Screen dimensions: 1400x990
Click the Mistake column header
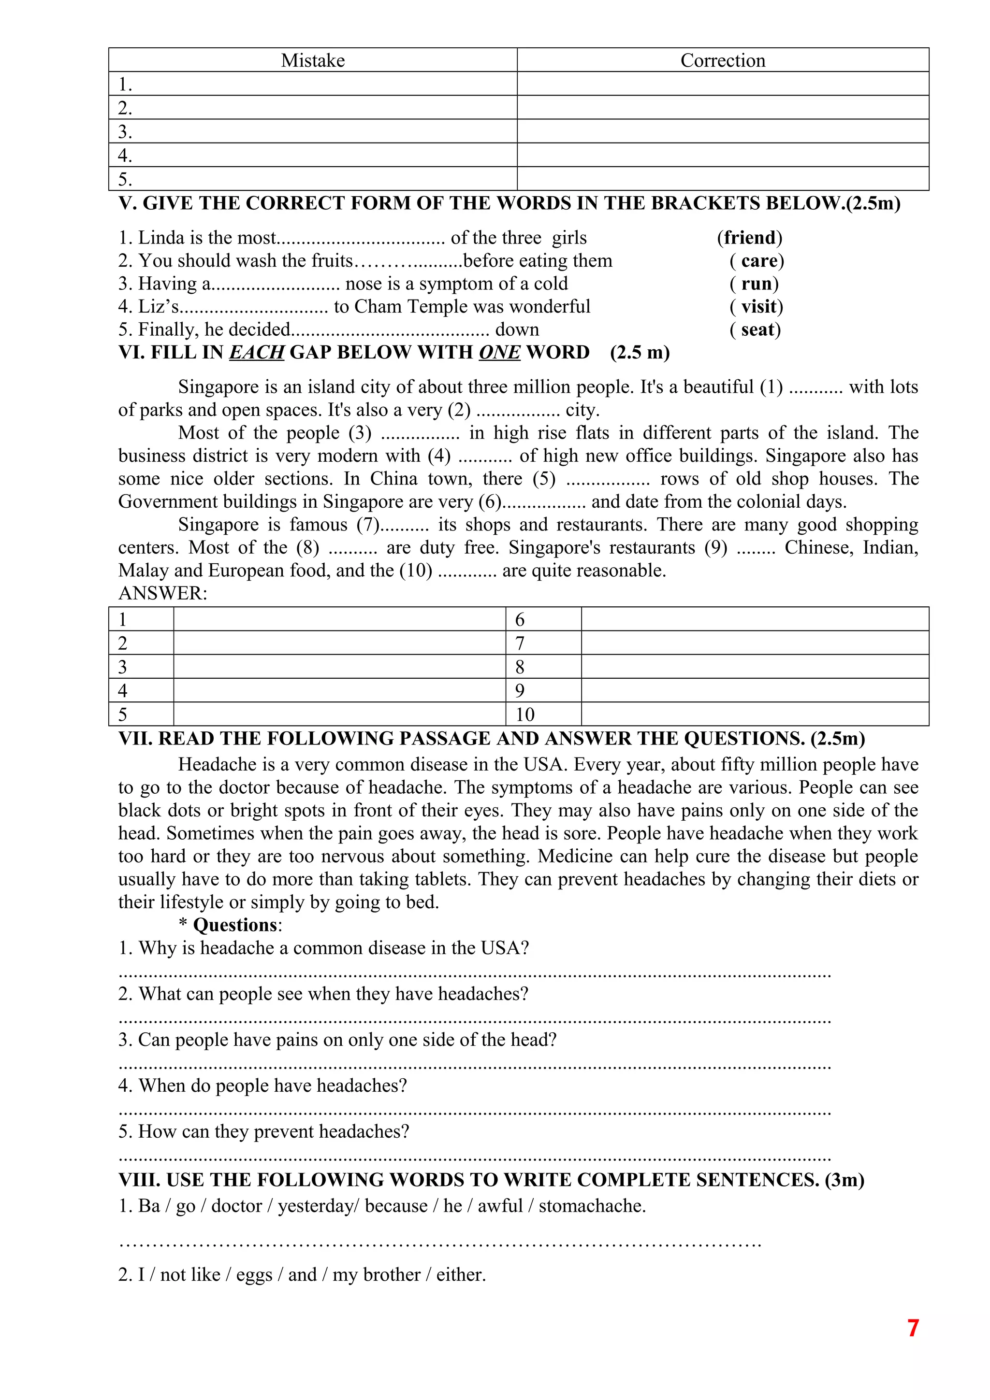point(312,60)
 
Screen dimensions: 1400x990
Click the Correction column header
point(722,60)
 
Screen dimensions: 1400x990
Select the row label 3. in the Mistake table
point(125,132)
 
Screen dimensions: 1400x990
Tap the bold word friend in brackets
point(750,238)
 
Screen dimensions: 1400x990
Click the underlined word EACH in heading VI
point(256,353)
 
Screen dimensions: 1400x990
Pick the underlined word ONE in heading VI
point(499,353)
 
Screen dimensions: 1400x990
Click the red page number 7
point(913,1328)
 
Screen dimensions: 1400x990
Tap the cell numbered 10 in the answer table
point(524,714)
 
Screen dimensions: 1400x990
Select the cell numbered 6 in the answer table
point(520,619)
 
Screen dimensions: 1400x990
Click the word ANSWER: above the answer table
point(162,593)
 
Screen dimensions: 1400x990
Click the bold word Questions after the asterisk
point(235,925)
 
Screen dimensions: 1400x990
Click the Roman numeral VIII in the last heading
point(139,1180)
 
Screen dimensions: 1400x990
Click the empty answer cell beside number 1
point(339,619)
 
